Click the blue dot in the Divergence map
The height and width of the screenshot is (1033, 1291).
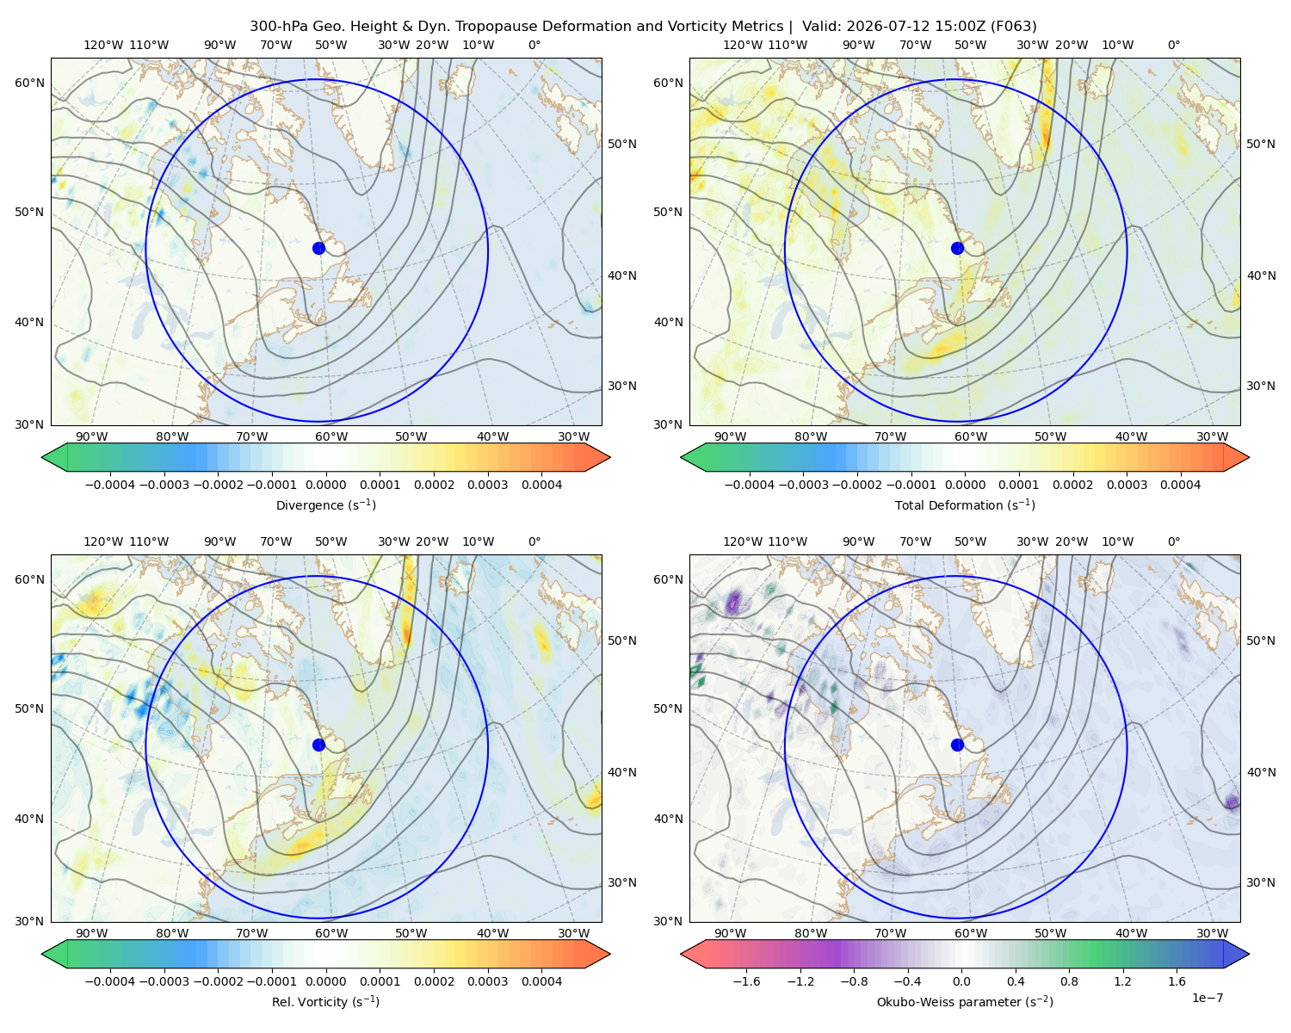pyautogui.click(x=318, y=248)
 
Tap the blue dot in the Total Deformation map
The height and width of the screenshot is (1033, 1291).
pyautogui.click(x=957, y=248)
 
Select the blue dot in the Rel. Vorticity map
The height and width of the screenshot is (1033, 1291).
pyautogui.click(x=318, y=745)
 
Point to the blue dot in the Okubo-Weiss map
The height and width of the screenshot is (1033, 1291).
pyautogui.click(x=957, y=745)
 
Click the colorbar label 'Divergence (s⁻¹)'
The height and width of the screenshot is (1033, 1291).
pyautogui.click(x=325, y=504)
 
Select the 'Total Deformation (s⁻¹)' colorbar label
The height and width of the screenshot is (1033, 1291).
pyautogui.click(x=965, y=504)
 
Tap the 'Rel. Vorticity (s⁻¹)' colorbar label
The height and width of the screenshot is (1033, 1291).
pyautogui.click(x=325, y=1002)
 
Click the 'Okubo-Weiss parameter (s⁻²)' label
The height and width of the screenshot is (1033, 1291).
pyautogui.click(x=965, y=1002)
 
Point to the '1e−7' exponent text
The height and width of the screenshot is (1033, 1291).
pyautogui.click(x=1207, y=998)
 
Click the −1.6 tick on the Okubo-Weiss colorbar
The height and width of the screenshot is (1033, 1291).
pyautogui.click(x=746, y=981)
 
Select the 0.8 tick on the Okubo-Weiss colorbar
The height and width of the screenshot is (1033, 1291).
pyautogui.click(x=1069, y=981)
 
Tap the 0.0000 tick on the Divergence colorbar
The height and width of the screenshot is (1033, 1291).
pyautogui.click(x=325, y=485)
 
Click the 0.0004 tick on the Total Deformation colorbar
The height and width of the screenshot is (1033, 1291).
pyautogui.click(x=1180, y=485)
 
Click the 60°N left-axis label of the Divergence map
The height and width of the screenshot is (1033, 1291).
pyautogui.click(x=29, y=83)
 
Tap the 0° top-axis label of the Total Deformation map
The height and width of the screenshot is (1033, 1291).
pyautogui.click(x=1173, y=45)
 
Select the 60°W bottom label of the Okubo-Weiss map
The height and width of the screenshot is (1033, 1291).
pyautogui.click(x=971, y=933)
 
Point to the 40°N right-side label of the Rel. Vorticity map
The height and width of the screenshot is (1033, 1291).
pyautogui.click(x=622, y=772)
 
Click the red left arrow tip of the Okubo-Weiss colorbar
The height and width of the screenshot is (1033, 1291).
pyautogui.click(x=683, y=954)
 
